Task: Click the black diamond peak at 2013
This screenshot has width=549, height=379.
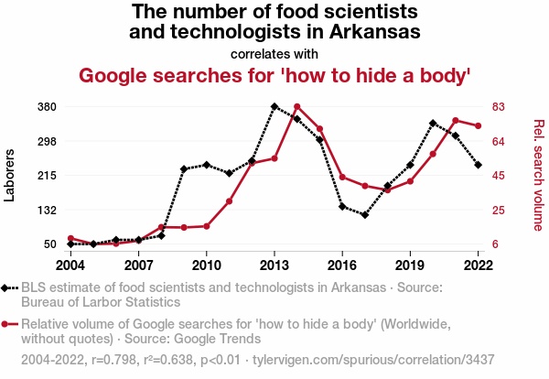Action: pos(274,106)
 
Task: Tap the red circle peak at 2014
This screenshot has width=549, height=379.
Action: pos(296,106)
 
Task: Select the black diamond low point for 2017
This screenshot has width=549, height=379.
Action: pos(364,215)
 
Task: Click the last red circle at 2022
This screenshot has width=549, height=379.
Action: pos(478,125)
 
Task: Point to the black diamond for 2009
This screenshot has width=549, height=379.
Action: pos(184,168)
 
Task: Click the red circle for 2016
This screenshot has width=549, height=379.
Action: pos(342,177)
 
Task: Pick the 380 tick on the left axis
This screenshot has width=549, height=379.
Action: pos(47,106)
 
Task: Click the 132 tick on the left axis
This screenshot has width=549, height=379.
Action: pos(47,210)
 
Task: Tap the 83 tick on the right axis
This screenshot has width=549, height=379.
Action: pos(500,106)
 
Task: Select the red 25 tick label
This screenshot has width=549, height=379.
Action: pos(500,210)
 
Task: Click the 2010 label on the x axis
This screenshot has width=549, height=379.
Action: pos(206,265)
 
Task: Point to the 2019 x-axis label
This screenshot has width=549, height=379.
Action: pos(410,265)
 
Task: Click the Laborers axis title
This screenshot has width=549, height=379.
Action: pos(10,175)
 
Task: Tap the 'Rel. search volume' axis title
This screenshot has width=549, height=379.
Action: pos(539,175)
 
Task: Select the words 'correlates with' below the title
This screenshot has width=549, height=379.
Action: pos(274,53)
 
